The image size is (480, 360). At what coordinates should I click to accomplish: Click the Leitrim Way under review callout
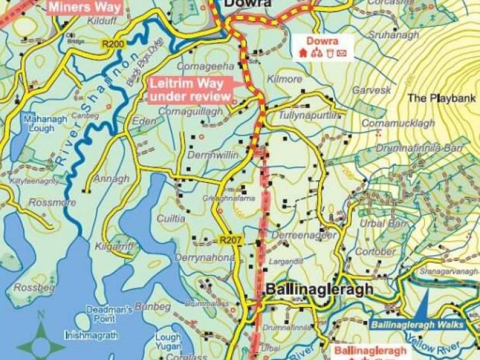(x=190, y=90)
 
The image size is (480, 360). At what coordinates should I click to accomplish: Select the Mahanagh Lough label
(x=38, y=123)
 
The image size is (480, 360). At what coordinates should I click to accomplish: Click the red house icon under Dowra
(x=303, y=54)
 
